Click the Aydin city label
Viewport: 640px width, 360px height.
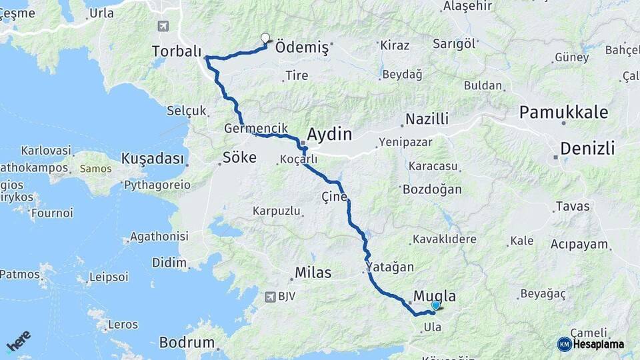tap(329, 134)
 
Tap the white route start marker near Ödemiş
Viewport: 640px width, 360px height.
tap(265, 38)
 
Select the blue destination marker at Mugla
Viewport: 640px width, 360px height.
tap(436, 305)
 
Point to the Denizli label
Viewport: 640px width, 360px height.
tap(587, 149)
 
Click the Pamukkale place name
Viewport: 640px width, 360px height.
tap(564, 112)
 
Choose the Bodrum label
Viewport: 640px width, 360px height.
tap(187, 343)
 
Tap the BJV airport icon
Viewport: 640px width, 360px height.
tap(269, 297)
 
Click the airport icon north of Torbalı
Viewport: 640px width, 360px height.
tap(162, 26)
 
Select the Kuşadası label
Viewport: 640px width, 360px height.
tap(152, 159)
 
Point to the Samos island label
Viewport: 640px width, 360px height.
tap(95, 169)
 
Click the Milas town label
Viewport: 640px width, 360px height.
tap(313, 273)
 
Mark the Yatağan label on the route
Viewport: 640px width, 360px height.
tap(391, 267)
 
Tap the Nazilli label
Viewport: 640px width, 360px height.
tap(427, 119)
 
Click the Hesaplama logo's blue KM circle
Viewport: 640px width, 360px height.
tap(564, 344)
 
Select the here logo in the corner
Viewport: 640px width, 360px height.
tap(19, 341)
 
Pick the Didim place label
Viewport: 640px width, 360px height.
tap(169, 263)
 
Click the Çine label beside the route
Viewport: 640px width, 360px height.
tap(335, 197)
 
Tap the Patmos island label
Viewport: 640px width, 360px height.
tap(19, 274)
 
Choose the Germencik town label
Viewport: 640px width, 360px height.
tap(256, 128)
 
